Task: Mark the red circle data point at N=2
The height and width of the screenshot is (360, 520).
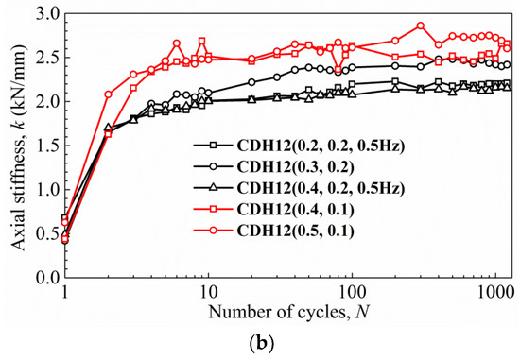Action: click(x=108, y=94)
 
